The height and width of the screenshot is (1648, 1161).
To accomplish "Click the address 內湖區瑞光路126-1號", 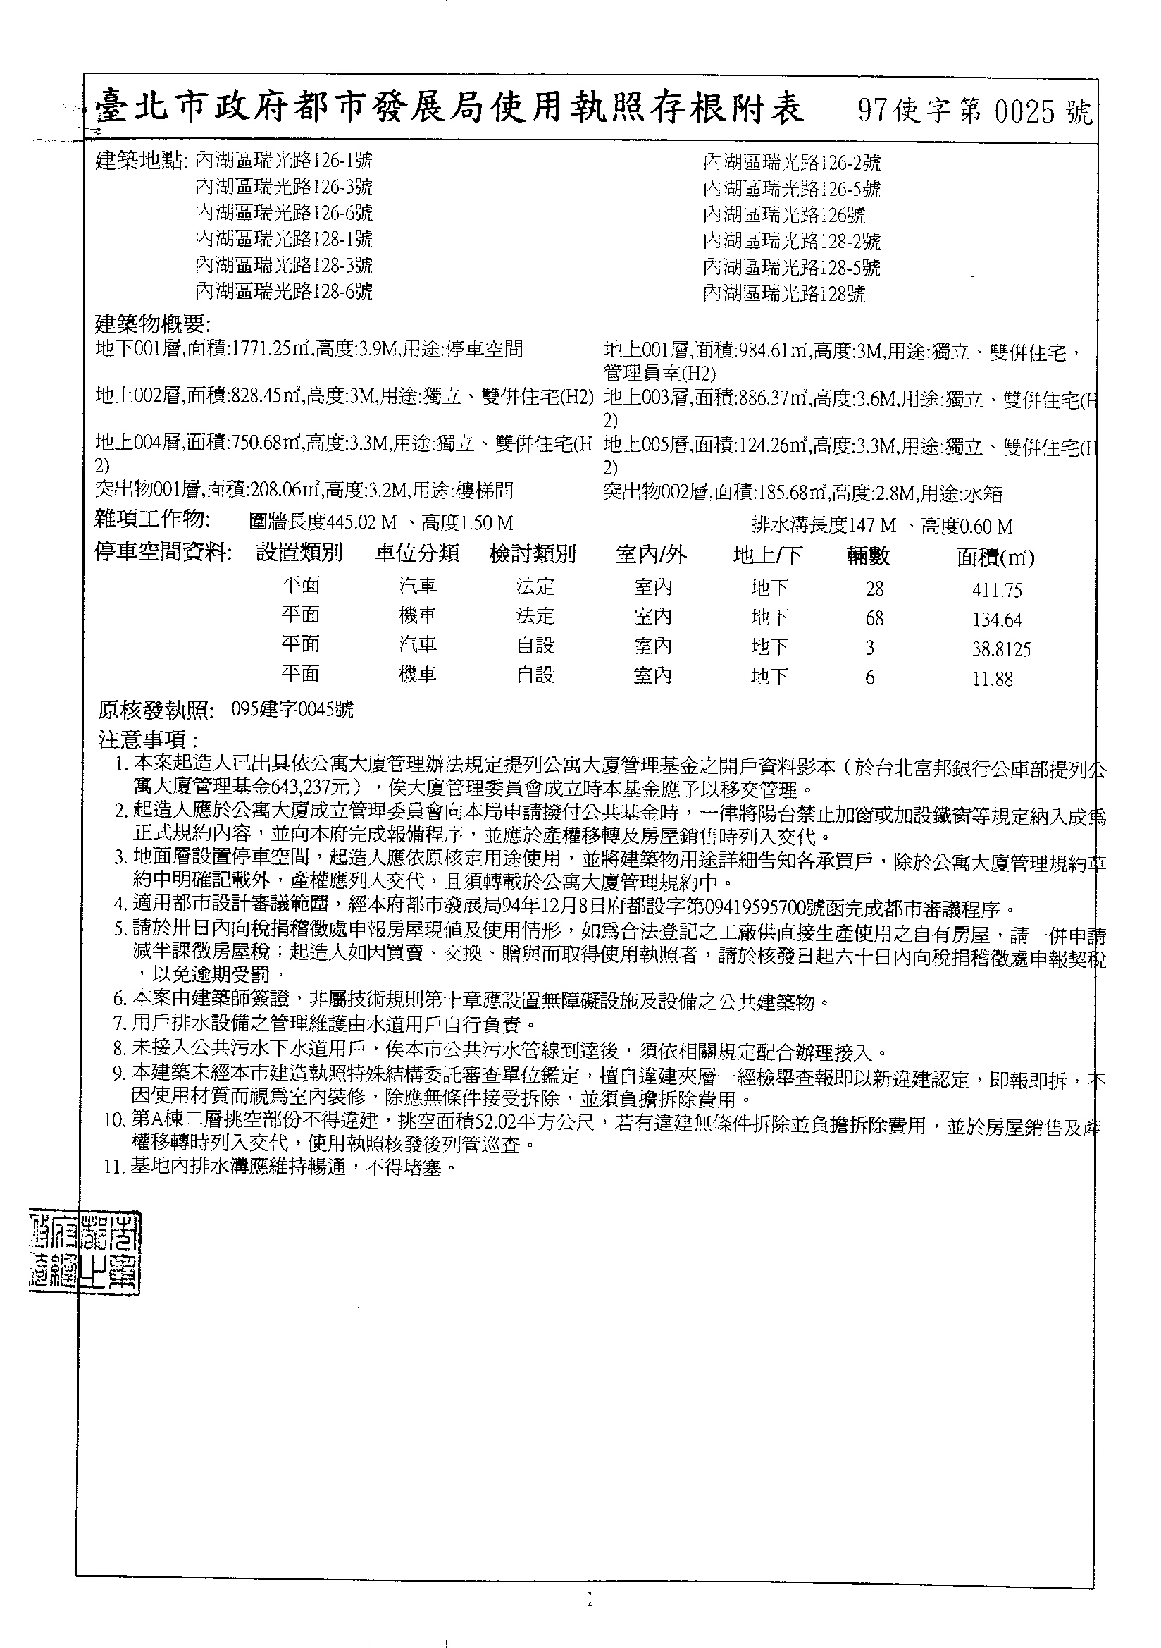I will click(x=283, y=160).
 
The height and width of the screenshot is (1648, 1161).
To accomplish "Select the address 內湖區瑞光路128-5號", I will click(x=791, y=267).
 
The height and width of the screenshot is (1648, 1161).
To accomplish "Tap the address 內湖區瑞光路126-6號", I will click(x=283, y=213).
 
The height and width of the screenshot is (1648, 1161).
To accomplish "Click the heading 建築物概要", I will click(x=153, y=324).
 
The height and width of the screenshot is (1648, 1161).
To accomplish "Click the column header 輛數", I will click(x=867, y=555).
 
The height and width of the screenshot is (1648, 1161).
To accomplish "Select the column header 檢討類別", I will click(x=533, y=554).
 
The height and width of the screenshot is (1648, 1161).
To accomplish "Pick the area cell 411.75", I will click(x=997, y=590).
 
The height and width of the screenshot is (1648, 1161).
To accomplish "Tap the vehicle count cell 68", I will click(x=874, y=618).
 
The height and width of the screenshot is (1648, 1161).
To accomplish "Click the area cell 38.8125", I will click(x=1001, y=650).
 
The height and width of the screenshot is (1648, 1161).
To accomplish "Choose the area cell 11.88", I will click(x=993, y=679).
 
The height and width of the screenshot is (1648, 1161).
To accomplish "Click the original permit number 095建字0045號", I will click(x=292, y=710).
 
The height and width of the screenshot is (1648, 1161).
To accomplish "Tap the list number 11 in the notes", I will click(x=114, y=1167).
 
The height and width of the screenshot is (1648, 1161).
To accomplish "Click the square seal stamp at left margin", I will click(x=85, y=1253).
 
